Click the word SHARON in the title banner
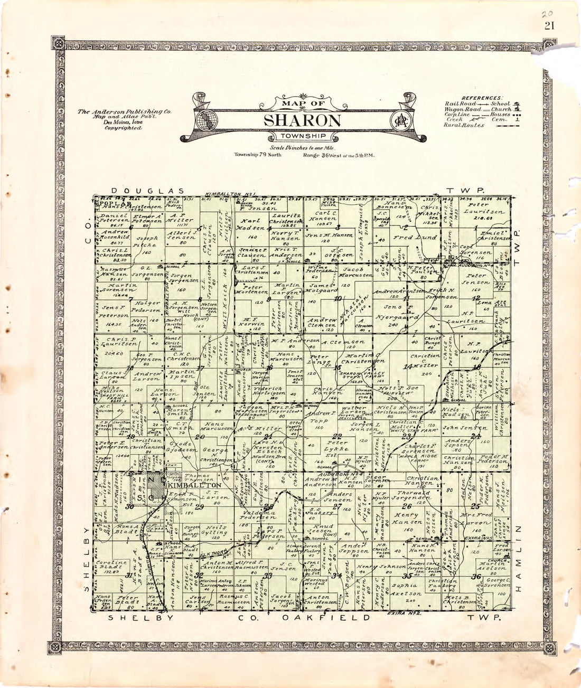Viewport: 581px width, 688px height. pyautogui.click(x=302, y=120)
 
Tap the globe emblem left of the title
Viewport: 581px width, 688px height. pyautogui.click(x=203, y=120)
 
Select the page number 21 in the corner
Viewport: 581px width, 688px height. pyautogui.click(x=549, y=26)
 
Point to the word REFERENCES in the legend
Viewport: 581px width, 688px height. pyautogui.click(x=482, y=98)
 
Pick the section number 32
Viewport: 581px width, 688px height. pyautogui.click(x=199, y=576)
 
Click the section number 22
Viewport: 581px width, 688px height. pyautogui.click(x=336, y=436)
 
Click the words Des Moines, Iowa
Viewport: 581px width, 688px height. pyautogui.click(x=124, y=122)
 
